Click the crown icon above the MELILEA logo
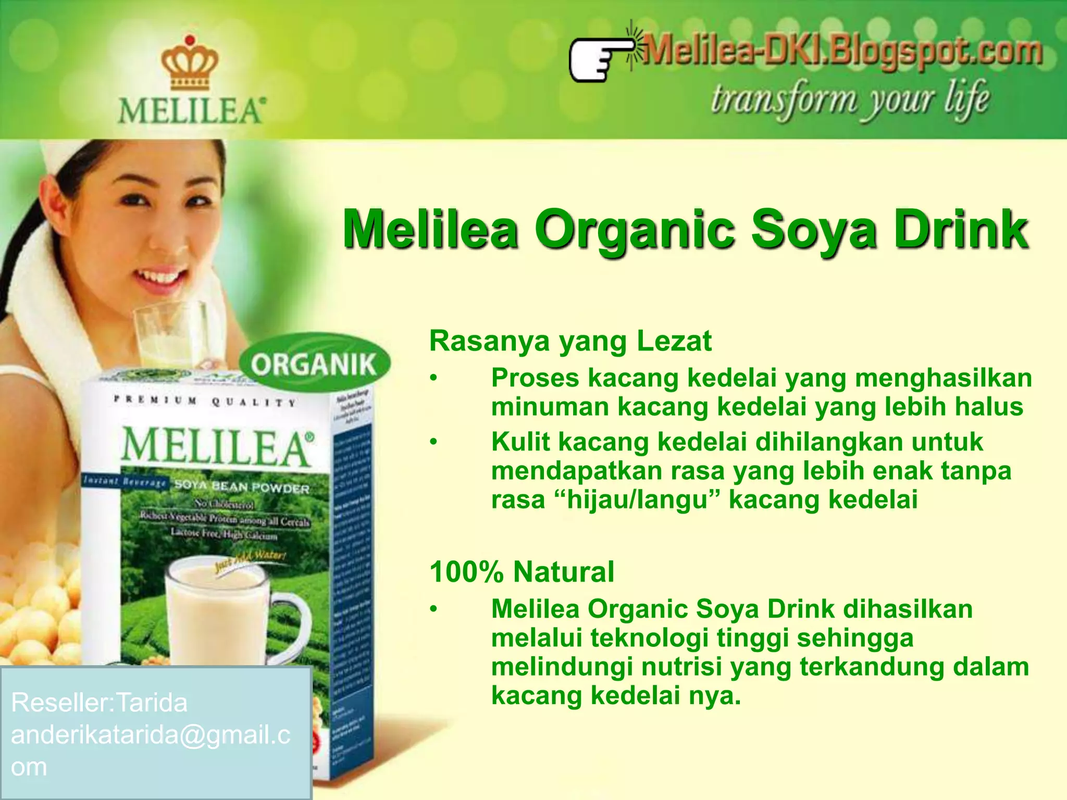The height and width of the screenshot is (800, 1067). [189, 63]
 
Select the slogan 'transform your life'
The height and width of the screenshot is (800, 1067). [849, 99]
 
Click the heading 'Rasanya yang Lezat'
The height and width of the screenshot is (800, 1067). [570, 341]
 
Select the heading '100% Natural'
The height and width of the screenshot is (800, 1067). [522, 571]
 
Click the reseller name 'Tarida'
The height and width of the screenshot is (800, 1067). [152, 703]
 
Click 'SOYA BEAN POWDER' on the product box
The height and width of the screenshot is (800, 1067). [242, 487]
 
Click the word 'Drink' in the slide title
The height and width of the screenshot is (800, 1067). [961, 230]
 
